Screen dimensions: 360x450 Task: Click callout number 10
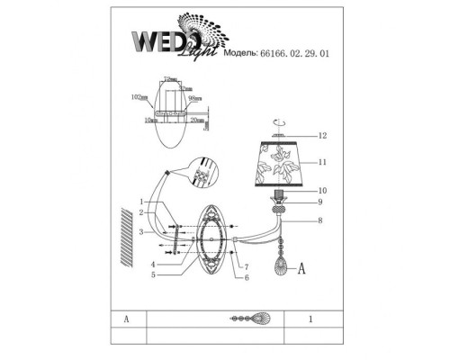321,190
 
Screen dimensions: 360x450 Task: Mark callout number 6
245,278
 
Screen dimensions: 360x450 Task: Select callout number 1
142,202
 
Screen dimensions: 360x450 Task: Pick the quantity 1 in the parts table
310,319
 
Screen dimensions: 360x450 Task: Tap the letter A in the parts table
128,319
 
